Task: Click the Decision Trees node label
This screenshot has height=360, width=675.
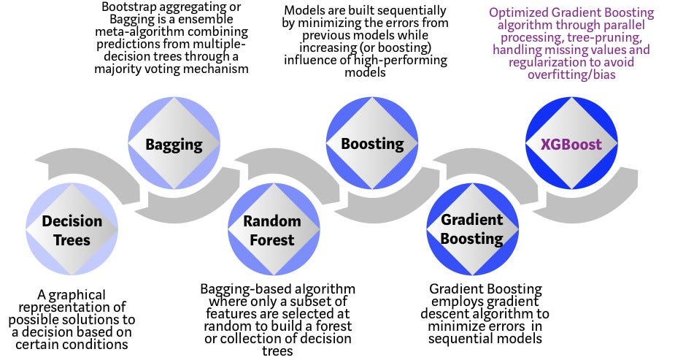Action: click(x=72, y=230)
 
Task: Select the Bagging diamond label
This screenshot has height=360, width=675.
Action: click(x=173, y=144)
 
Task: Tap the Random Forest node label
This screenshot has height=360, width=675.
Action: click(x=272, y=230)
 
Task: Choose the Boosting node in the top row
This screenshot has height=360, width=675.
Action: click(x=372, y=144)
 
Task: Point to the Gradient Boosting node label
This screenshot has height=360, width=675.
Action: click(x=472, y=229)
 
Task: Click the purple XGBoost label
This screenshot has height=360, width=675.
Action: click(x=571, y=144)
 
